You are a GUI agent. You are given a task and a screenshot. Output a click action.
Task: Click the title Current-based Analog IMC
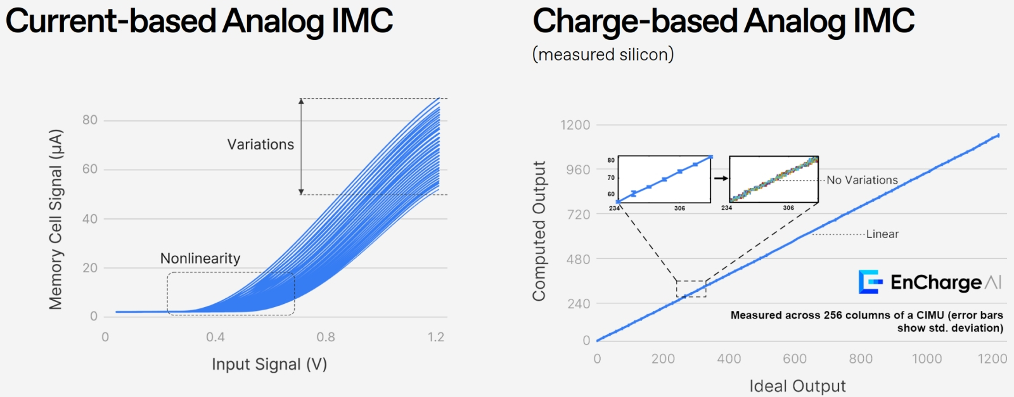(x=199, y=21)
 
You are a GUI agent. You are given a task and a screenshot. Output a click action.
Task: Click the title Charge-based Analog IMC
(x=723, y=21)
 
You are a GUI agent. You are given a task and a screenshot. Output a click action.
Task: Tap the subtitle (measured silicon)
(x=603, y=55)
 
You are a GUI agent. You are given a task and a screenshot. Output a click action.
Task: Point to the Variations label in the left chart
(x=260, y=144)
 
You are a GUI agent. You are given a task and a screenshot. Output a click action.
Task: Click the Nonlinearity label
(x=200, y=258)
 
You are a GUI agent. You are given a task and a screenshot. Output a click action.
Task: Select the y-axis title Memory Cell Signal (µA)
(x=56, y=219)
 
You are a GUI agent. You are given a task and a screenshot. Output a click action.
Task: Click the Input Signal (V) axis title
(x=269, y=365)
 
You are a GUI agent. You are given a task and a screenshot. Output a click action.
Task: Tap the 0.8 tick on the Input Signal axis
(x=326, y=337)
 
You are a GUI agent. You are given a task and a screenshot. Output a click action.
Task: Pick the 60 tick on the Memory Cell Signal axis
(x=90, y=169)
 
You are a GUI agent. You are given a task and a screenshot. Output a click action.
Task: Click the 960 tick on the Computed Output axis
(x=577, y=170)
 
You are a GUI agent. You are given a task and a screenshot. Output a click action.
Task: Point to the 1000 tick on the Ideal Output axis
(x=927, y=359)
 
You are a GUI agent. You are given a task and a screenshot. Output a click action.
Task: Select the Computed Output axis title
(x=539, y=231)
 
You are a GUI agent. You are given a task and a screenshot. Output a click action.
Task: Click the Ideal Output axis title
(x=797, y=386)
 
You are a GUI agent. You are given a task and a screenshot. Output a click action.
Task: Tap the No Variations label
(x=862, y=180)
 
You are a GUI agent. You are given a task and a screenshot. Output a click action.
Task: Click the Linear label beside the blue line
(x=882, y=234)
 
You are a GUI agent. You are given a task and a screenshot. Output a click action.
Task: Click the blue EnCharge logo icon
(x=870, y=282)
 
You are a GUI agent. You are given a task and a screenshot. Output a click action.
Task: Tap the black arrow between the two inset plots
(x=721, y=179)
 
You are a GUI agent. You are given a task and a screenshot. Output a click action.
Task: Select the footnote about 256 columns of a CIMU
(x=866, y=322)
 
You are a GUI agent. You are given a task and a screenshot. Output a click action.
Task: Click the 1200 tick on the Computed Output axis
(x=575, y=125)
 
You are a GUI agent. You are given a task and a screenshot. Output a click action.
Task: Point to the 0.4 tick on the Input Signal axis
(x=215, y=337)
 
